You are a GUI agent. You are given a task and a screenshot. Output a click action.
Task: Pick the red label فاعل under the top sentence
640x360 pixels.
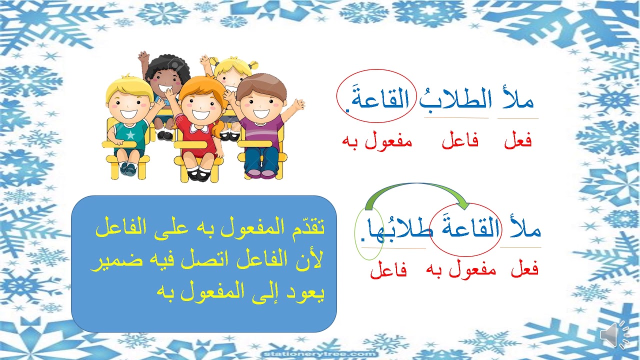(x=460, y=141)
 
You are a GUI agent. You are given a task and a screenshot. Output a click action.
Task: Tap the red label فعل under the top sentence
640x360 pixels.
(x=518, y=141)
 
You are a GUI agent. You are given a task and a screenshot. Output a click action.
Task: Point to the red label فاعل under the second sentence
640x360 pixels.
(x=388, y=271)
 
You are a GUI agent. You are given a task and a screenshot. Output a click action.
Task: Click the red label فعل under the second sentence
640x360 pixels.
(x=524, y=270)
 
